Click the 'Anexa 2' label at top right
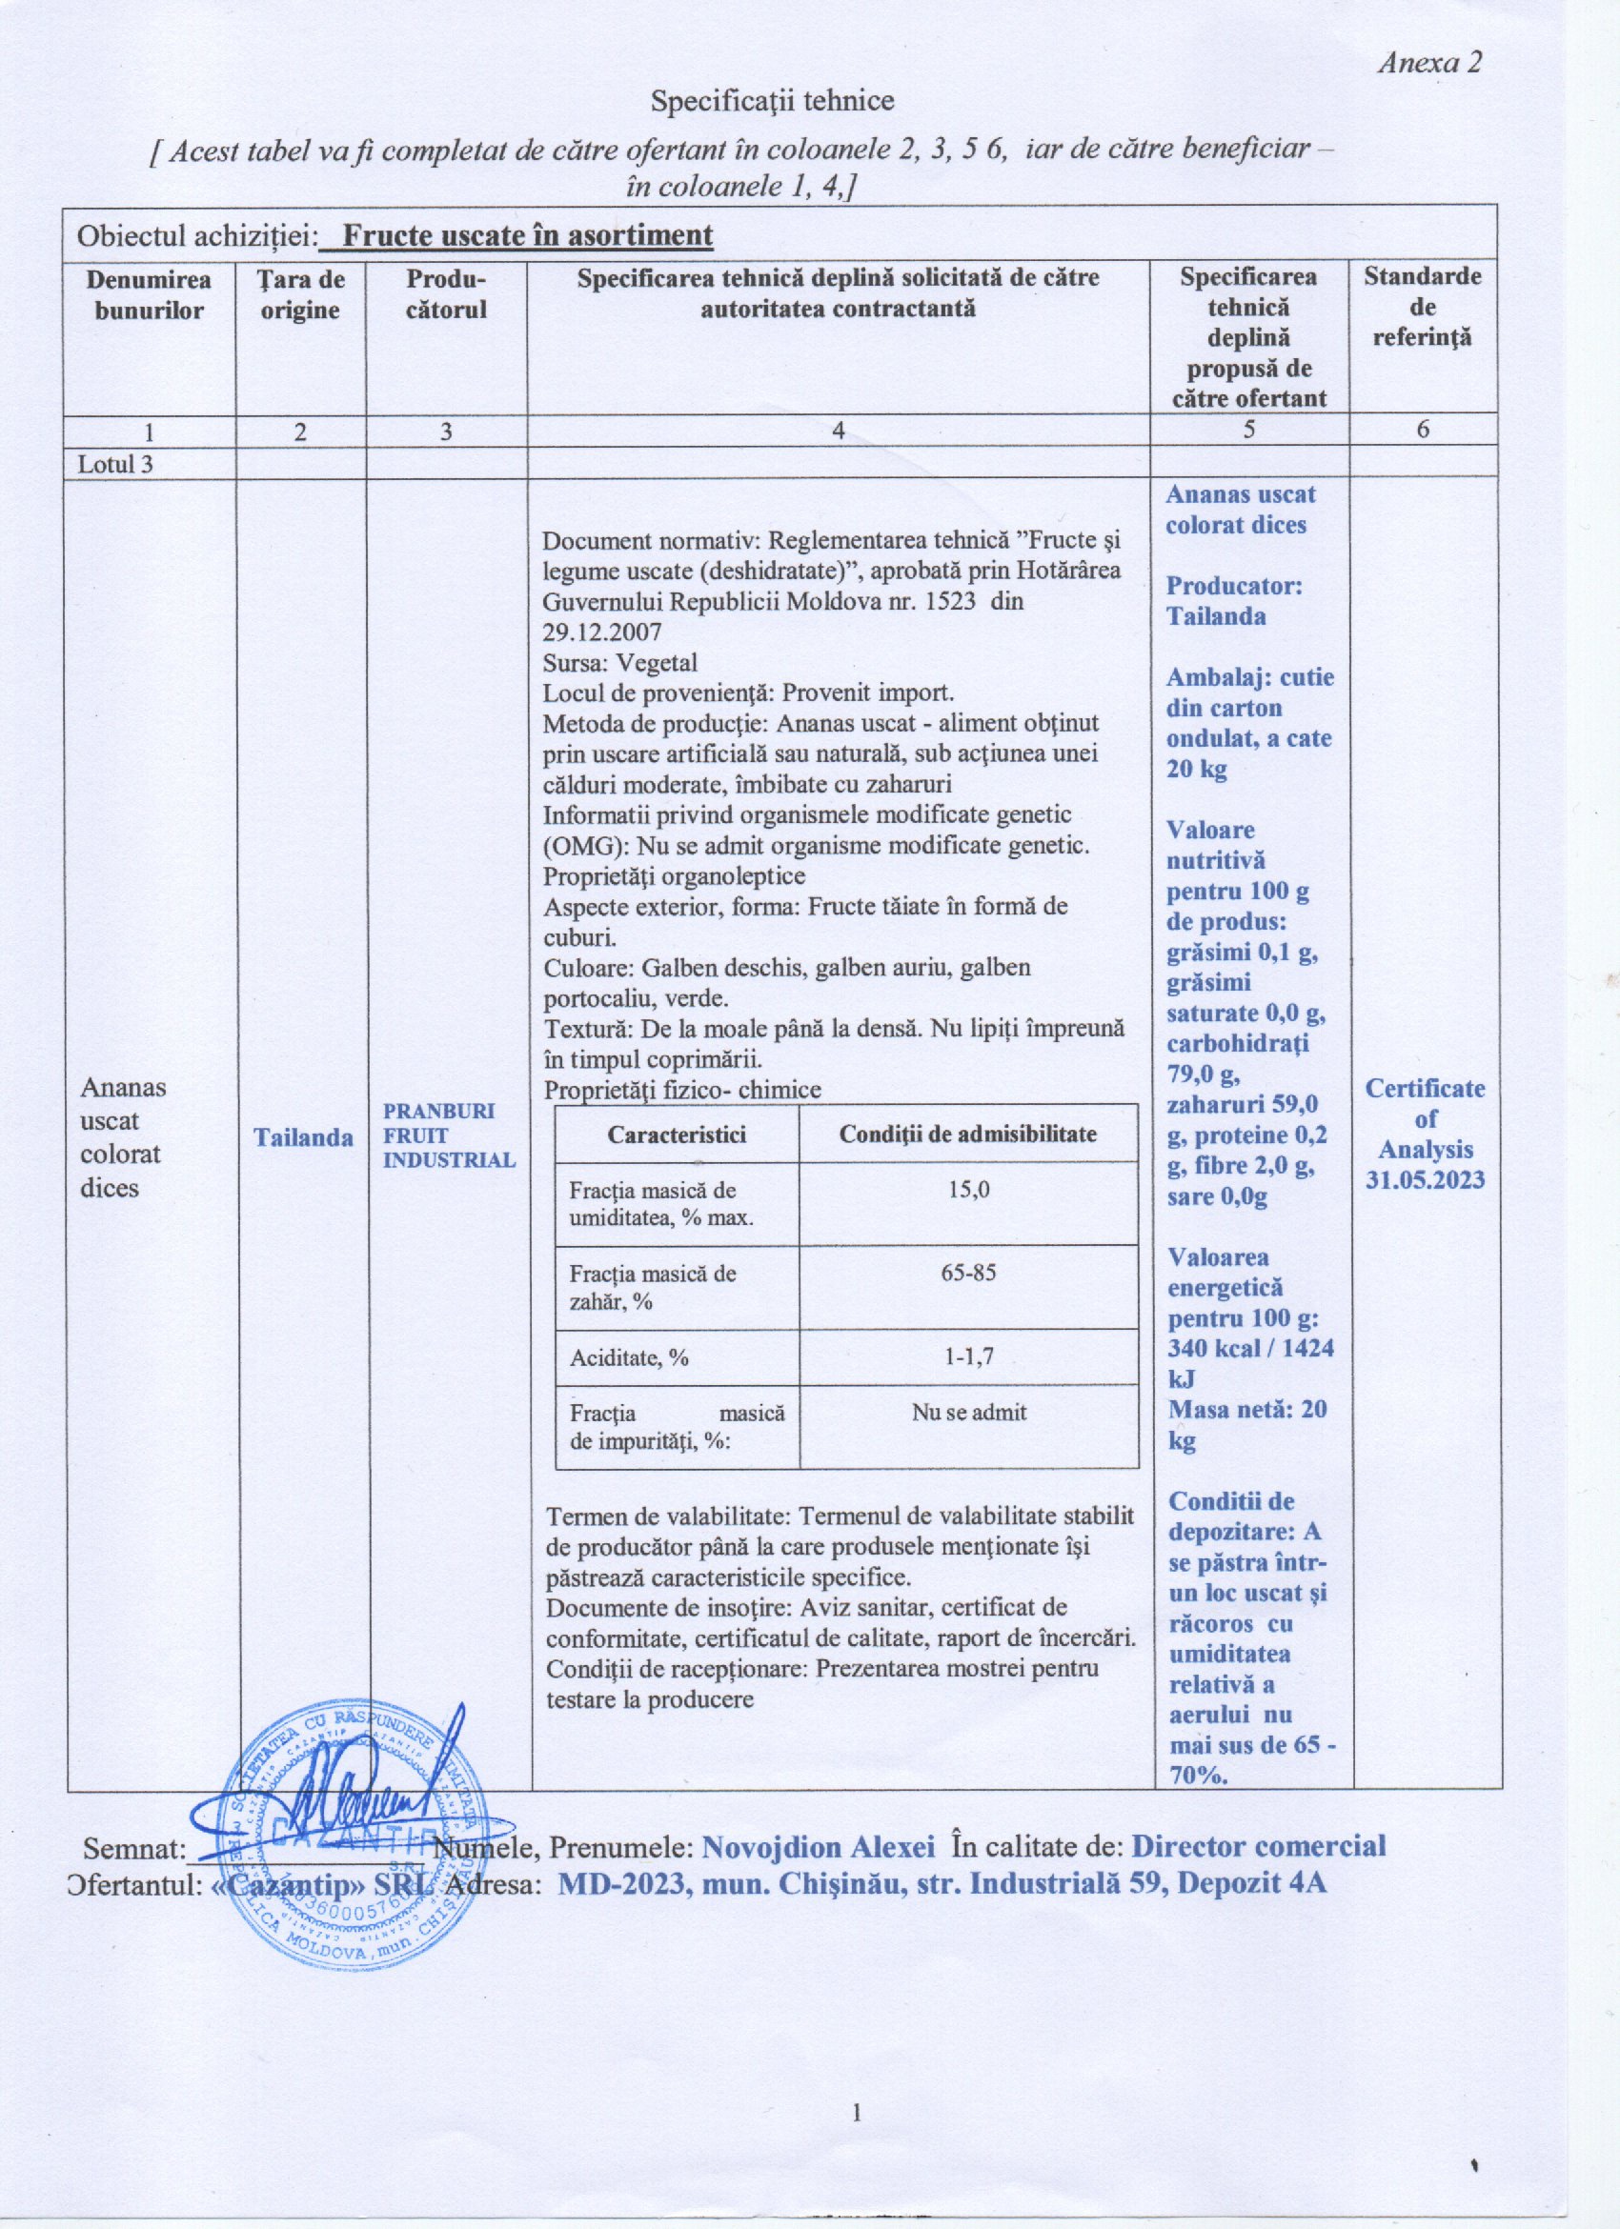coord(1428,64)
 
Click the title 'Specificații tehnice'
coord(774,100)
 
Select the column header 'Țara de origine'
coord(300,295)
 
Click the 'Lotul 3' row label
coord(115,464)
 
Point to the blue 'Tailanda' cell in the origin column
coord(303,1137)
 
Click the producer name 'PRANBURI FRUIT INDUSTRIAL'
coord(448,1135)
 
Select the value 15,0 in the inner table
coord(969,1189)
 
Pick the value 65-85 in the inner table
coord(969,1273)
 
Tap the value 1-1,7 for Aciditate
coord(969,1357)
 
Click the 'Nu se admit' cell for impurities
coord(969,1413)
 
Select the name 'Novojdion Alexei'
coord(817,1847)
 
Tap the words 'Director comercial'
coord(1258,1846)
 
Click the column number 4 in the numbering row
coord(839,431)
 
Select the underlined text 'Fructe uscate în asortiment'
coord(528,236)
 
